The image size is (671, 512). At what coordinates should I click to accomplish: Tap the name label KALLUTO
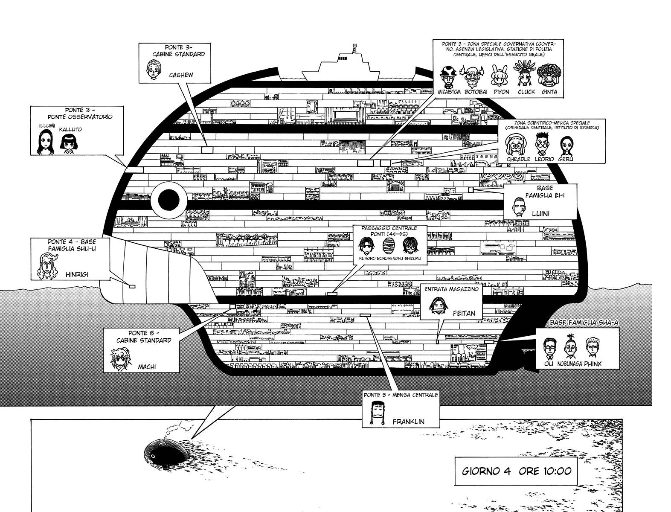70,129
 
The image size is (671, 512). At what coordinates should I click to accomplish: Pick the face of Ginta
549,76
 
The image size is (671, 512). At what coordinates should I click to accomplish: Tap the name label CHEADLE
518,159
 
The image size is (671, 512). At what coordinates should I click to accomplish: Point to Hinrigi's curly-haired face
48,267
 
